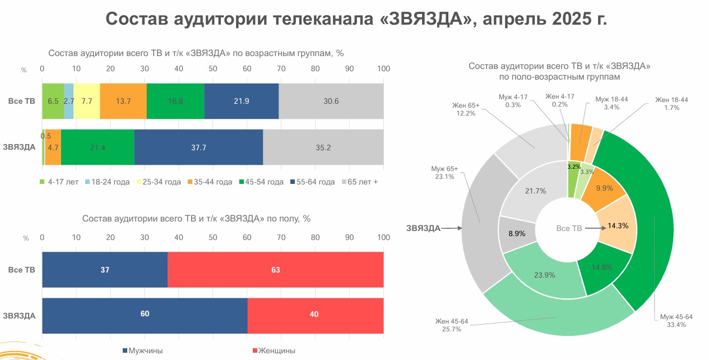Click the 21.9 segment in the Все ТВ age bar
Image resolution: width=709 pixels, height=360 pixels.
[x=241, y=101]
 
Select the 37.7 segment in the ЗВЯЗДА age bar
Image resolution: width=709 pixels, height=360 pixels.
[x=198, y=147]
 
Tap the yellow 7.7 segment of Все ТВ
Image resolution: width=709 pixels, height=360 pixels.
[x=86, y=101]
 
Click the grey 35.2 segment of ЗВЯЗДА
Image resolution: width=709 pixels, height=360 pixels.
[x=323, y=147]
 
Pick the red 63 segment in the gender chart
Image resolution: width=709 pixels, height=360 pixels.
[x=275, y=270]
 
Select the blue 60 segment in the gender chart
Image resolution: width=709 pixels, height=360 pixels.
[x=145, y=315]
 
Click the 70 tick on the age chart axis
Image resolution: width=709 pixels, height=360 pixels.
[x=281, y=68]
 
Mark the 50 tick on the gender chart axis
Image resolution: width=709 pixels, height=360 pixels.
[x=213, y=238]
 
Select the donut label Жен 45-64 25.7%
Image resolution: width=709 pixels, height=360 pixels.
[x=451, y=325]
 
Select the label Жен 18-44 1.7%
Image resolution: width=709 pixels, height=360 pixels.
[x=671, y=103]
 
